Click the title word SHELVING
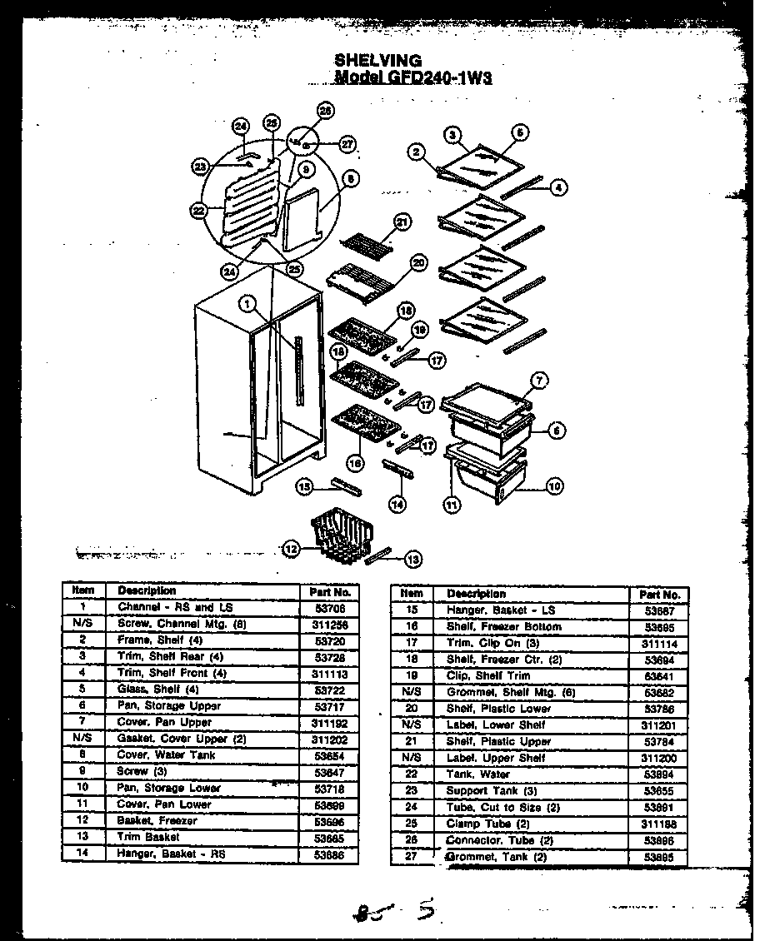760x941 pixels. pos(377,61)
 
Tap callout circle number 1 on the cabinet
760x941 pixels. pos(247,305)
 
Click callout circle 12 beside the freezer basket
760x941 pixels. pos(291,549)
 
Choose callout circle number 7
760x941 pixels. pos(539,381)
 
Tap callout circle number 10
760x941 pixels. pos(554,487)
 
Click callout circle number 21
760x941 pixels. pos(402,222)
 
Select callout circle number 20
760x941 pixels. pos(418,262)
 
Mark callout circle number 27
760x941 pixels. pos(347,144)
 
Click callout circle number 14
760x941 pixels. pos(397,503)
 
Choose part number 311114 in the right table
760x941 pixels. pos(659,643)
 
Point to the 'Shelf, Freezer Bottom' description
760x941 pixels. pos(503,626)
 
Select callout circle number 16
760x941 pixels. pos(356,462)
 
